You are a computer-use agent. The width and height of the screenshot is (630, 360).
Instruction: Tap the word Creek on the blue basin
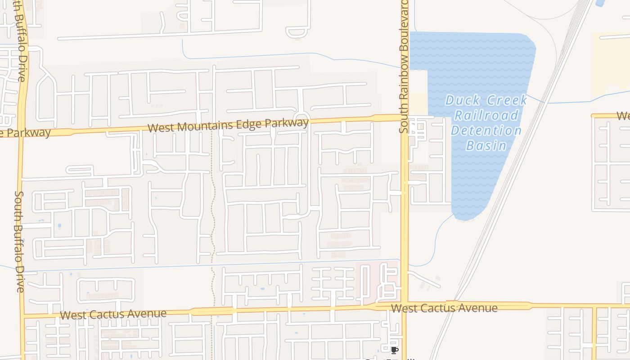pyautogui.click(x=505, y=100)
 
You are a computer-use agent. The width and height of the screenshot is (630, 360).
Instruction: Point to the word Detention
pyautogui.click(x=486, y=131)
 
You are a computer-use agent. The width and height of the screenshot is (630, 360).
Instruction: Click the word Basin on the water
pyautogui.click(x=486, y=146)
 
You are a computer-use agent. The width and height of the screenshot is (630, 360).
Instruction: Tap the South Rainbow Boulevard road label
pyautogui.click(x=403, y=67)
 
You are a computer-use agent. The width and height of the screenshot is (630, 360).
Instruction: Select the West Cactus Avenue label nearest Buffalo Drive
pyautogui.click(x=113, y=314)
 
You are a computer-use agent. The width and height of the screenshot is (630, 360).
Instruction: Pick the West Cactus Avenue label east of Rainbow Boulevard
pyautogui.click(x=444, y=308)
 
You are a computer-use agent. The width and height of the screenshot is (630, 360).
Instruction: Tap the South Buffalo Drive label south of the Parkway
pyautogui.click(x=20, y=241)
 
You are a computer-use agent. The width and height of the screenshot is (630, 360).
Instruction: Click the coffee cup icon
pyautogui.click(x=395, y=350)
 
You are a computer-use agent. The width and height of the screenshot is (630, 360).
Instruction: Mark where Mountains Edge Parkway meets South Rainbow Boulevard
pyautogui.click(x=404, y=117)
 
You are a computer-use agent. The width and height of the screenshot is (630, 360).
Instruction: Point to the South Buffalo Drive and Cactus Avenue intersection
pyautogui.click(x=22, y=315)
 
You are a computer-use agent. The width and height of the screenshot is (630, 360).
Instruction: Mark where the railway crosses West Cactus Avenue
pyautogui.click(x=452, y=305)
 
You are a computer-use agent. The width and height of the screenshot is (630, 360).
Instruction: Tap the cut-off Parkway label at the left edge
pyautogui.click(x=25, y=133)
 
